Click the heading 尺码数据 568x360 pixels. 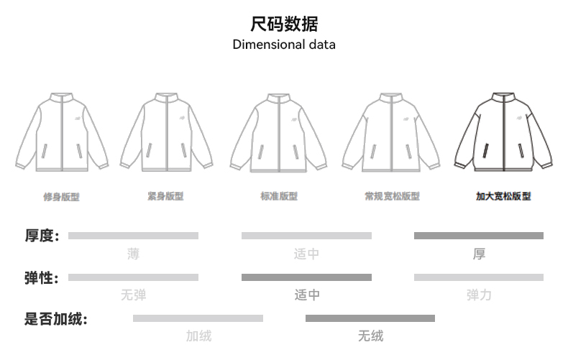(284, 24)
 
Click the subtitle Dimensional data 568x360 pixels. (284, 45)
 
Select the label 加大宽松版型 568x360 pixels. (503, 196)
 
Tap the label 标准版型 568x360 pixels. (278, 196)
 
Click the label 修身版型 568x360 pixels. (61, 196)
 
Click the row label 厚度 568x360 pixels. (42, 236)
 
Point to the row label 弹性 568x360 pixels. (42, 277)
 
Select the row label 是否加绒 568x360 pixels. (55, 319)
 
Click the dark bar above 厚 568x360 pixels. (478, 236)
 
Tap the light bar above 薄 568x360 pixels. (133, 236)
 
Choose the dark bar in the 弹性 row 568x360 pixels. (306, 277)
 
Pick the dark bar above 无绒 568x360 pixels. (370, 318)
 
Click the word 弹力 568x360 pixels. (479, 295)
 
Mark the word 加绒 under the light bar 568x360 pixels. (198, 336)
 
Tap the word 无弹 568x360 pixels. (133, 295)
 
